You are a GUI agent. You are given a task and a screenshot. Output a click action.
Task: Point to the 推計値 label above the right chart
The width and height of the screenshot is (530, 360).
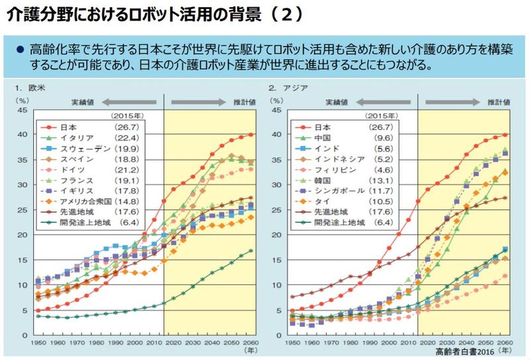pyautogui.click(x=500, y=103)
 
